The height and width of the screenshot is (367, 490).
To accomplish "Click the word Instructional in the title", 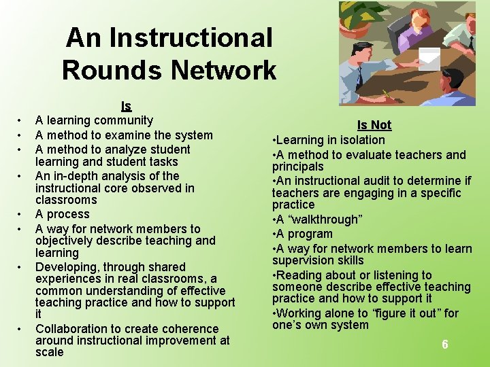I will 191,37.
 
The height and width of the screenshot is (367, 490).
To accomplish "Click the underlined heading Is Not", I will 374,125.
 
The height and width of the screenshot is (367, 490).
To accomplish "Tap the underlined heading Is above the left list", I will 126,106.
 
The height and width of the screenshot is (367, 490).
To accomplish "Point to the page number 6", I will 445,345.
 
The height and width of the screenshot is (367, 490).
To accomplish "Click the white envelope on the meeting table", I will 429,59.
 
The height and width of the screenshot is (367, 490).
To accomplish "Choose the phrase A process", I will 63,214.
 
